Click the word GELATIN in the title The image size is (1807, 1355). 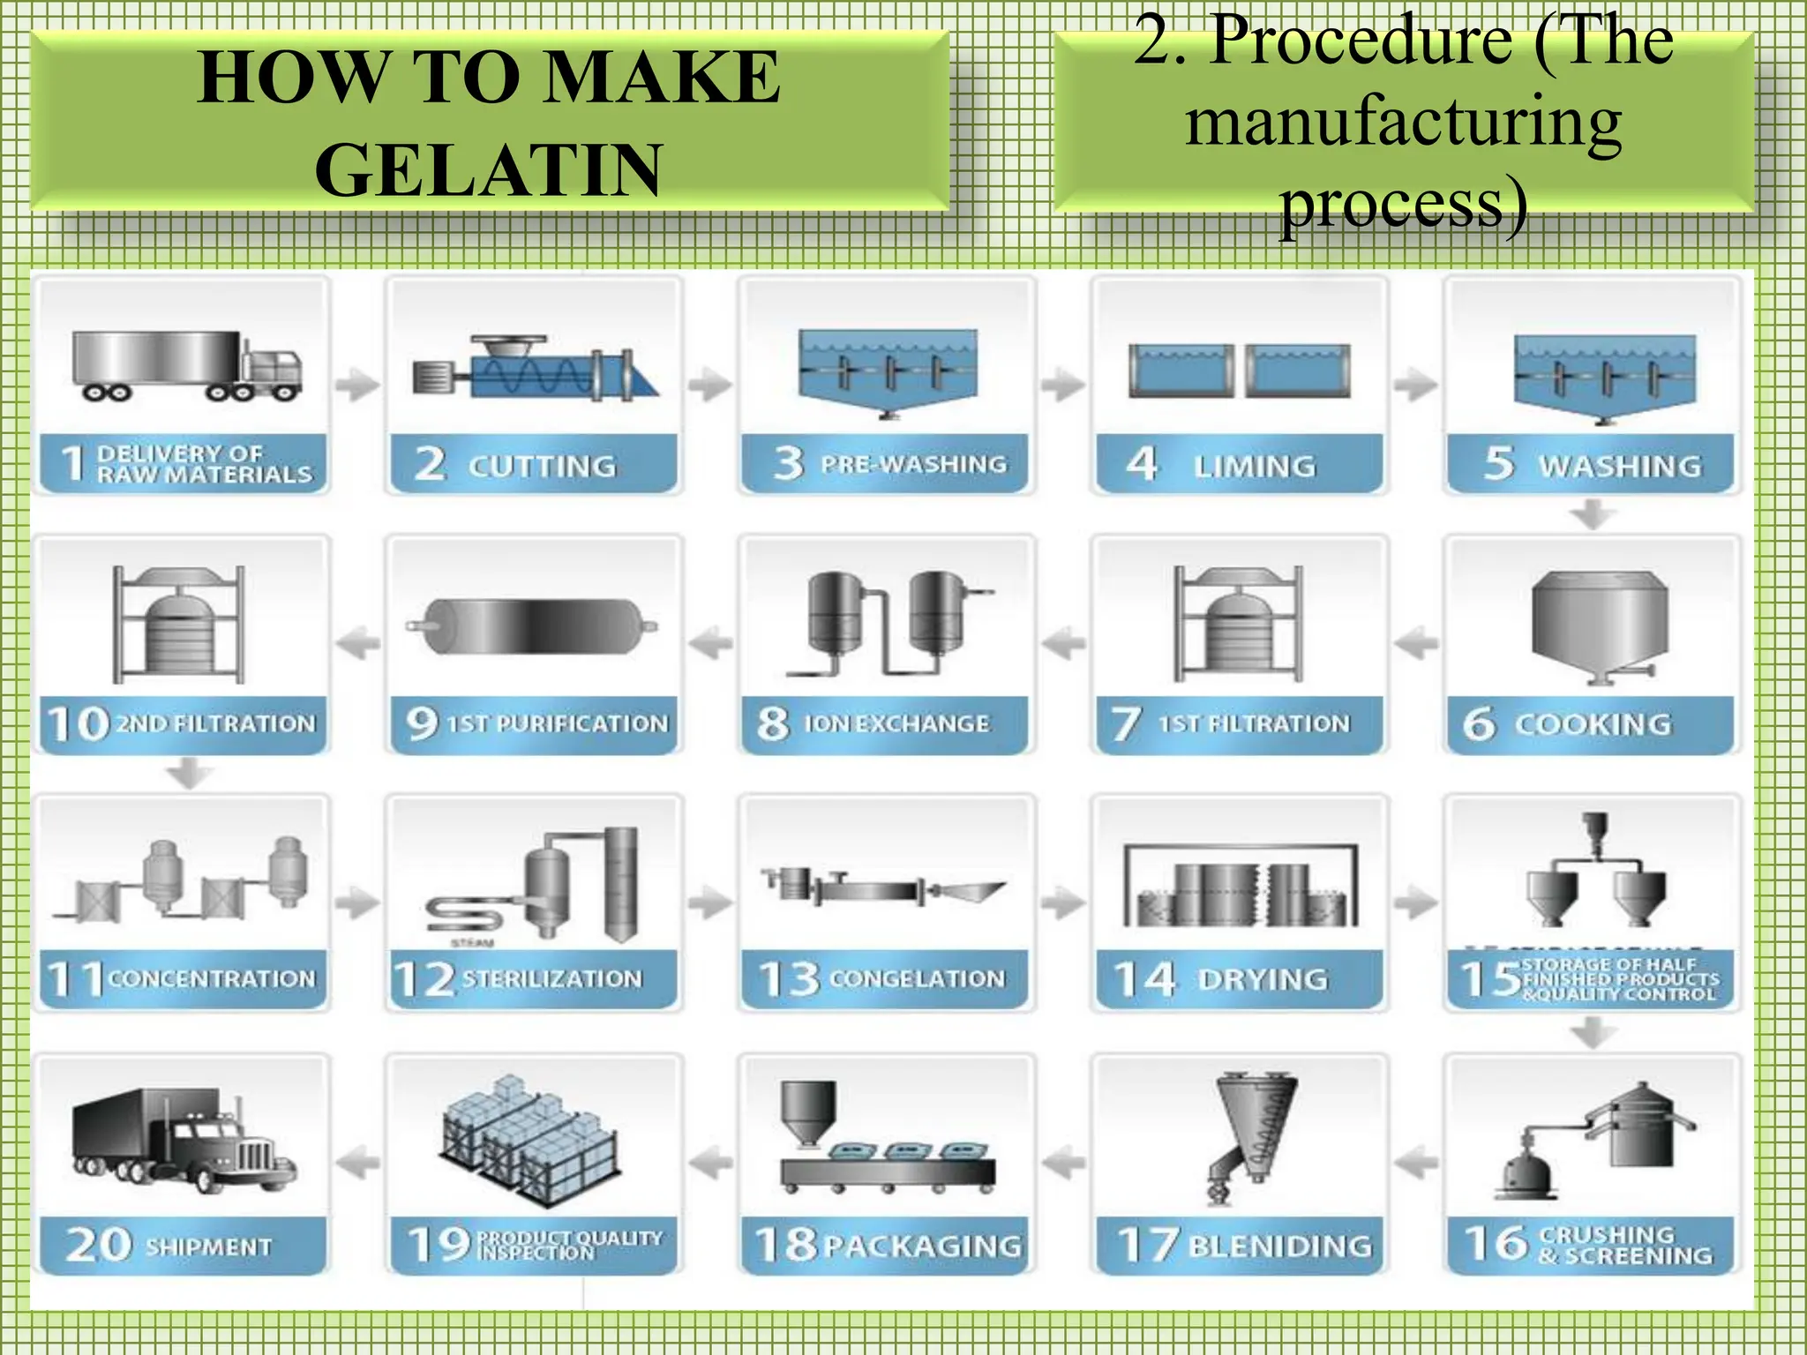[x=488, y=170]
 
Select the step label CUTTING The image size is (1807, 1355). [x=542, y=466]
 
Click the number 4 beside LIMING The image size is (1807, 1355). [x=1142, y=463]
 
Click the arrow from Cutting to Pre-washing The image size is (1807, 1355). [x=710, y=385]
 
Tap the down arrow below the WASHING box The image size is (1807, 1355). [x=1593, y=514]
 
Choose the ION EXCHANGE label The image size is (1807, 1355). [x=896, y=724]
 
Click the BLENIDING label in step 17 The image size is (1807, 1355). [x=1280, y=1246]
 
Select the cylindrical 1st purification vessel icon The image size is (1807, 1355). [x=535, y=626]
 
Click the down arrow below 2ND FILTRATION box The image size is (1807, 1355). [x=189, y=775]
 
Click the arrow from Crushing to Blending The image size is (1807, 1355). [x=1416, y=1163]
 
